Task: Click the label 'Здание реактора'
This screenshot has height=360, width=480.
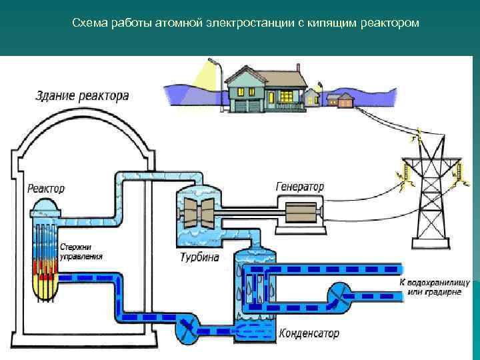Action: pos(82,97)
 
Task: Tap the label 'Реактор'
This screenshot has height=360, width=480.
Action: pos(46,189)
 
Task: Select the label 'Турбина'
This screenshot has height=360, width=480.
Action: pos(199,257)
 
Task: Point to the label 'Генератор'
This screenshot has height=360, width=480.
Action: pos(299,187)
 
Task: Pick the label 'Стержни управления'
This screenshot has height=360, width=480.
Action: pos(81,251)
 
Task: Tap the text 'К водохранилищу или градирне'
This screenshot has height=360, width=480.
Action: pos(430,288)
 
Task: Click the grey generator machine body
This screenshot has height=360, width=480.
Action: pos(300,213)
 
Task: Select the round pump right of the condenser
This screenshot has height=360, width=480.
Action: pos(340,293)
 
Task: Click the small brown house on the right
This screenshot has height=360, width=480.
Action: pos(345,101)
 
